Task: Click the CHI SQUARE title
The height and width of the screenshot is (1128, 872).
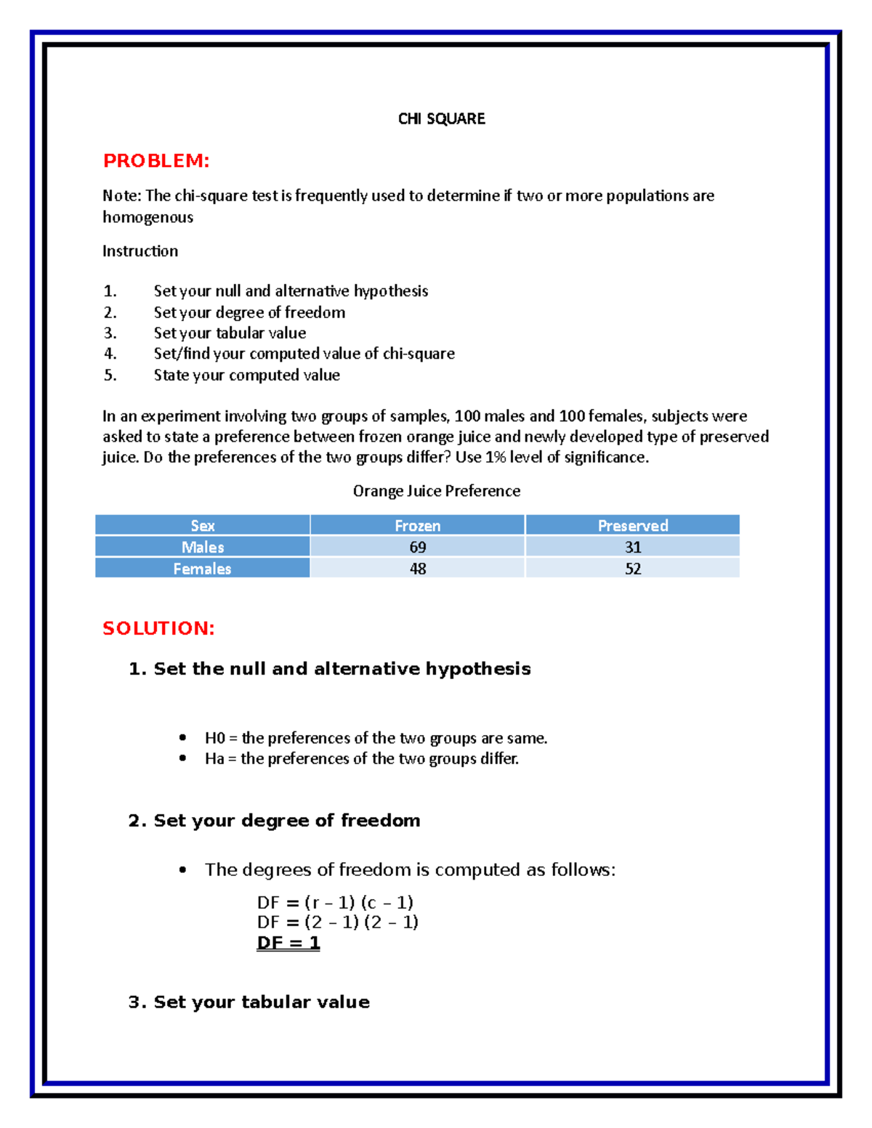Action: [441, 119]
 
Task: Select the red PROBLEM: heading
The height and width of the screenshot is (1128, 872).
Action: [156, 161]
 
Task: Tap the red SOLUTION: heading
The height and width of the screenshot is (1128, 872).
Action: [158, 628]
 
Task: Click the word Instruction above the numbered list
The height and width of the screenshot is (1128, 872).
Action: [140, 251]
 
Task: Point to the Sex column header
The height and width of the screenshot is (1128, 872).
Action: [202, 525]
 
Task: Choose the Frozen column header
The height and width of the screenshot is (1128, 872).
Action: [417, 525]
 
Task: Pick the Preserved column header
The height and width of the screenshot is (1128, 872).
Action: [632, 525]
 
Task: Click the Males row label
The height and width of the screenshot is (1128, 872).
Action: [202, 547]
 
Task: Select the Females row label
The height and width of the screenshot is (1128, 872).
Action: [202, 569]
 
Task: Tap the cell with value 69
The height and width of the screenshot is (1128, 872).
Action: [417, 547]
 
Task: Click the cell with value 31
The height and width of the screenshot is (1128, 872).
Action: [632, 547]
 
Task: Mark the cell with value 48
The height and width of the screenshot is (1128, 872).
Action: [417, 569]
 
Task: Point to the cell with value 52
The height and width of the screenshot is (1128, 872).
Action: [632, 569]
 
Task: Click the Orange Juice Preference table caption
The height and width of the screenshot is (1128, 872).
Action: [436, 491]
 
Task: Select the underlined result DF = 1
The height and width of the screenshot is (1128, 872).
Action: [288, 943]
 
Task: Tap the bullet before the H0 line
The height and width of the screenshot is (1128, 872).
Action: [182, 738]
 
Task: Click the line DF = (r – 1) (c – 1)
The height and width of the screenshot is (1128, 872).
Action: [335, 903]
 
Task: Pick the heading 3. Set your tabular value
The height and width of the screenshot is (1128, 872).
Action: [249, 1002]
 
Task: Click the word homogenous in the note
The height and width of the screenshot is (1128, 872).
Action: [148, 217]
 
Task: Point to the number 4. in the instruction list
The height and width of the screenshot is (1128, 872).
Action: [110, 354]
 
